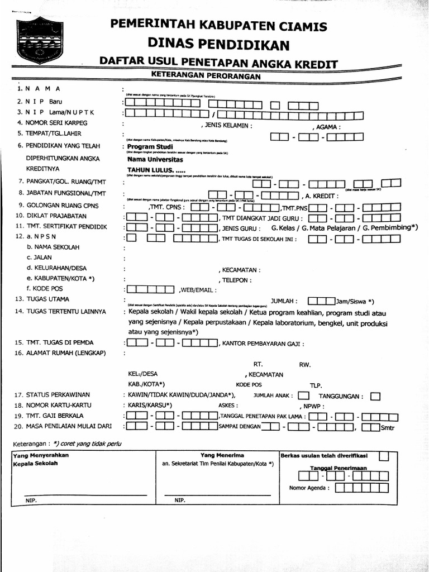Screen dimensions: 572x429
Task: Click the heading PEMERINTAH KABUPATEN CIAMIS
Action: (218, 25)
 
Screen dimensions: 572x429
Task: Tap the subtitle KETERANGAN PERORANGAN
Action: (206, 75)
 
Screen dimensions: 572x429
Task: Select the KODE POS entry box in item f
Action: (150, 289)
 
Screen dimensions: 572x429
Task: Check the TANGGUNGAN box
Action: (375, 396)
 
